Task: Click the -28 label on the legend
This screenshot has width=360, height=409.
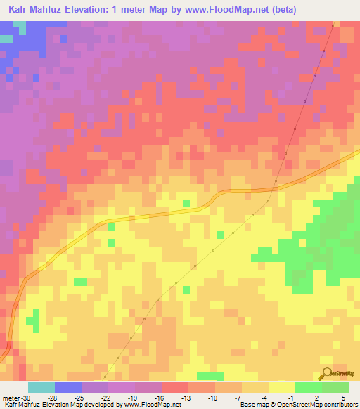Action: click(58, 398)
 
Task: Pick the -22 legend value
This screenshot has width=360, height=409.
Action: click(105, 398)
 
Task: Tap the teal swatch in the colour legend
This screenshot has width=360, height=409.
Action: click(41, 387)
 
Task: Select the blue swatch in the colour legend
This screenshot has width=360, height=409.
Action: click(68, 387)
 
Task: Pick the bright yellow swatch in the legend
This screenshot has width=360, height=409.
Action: click(281, 387)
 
